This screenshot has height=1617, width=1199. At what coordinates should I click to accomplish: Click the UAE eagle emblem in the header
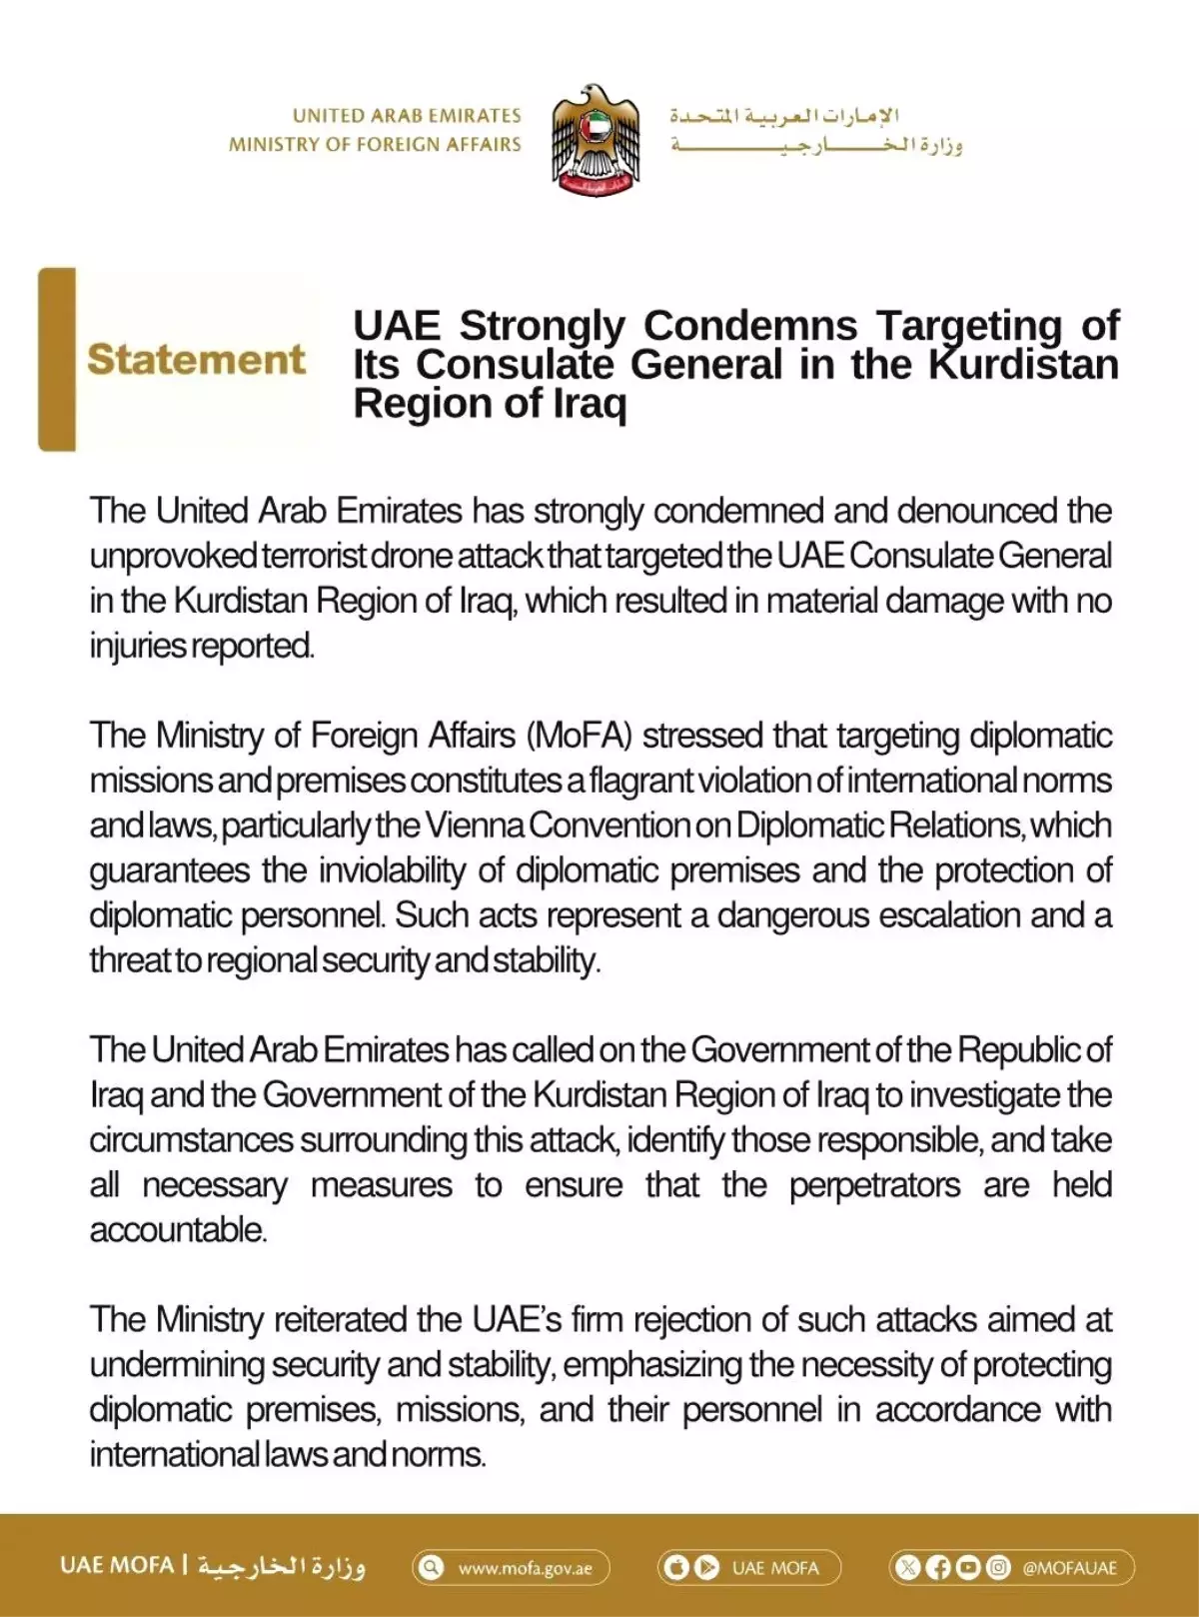coord(596,139)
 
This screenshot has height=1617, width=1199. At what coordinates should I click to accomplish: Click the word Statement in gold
coord(196,360)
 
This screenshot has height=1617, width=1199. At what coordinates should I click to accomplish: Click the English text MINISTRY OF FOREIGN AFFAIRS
coord(375,145)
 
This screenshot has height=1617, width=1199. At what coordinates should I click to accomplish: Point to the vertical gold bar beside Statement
coord(57,359)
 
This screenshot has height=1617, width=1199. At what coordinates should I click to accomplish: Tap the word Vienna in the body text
coord(475,825)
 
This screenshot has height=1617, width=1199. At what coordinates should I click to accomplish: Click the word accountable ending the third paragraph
coord(178,1230)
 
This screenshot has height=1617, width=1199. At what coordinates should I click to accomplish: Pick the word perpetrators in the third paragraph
coord(874,1185)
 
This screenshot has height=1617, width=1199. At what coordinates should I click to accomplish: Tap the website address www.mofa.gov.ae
coord(525,1568)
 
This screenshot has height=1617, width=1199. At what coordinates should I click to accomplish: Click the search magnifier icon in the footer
coord(431,1567)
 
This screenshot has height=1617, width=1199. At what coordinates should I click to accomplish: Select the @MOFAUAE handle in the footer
coord(1068,1568)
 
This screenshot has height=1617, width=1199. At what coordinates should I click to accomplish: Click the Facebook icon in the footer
coord(938,1567)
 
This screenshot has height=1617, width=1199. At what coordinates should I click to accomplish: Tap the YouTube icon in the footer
coord(968,1567)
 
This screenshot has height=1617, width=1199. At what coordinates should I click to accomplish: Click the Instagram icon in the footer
coord(998,1567)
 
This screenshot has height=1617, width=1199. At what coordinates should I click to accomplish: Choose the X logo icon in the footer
coord(907,1567)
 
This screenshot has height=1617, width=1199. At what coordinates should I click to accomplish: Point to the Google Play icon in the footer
coord(706,1567)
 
